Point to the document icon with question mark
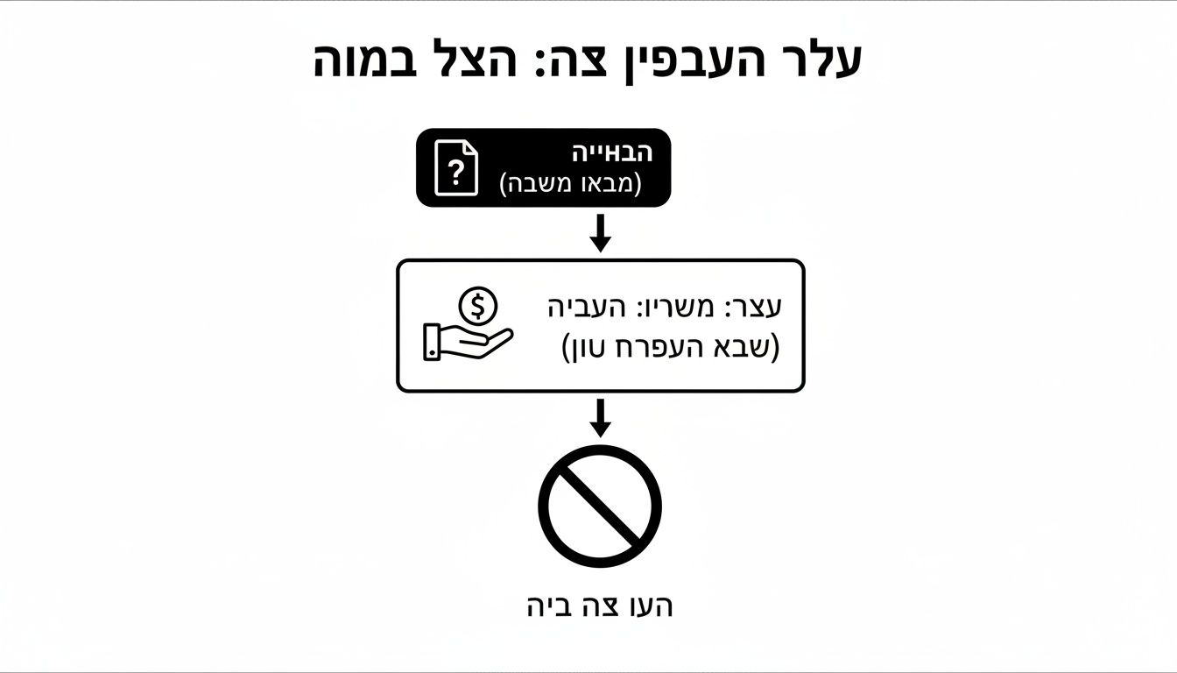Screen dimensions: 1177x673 point(457,167)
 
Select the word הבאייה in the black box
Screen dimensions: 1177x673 point(612,152)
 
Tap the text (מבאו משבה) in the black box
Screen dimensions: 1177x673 point(570,184)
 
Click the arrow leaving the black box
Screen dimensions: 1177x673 point(600,232)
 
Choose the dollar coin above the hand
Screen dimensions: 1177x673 point(477,306)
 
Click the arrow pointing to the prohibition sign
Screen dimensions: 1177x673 point(600,416)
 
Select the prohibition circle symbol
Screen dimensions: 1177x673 point(600,506)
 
